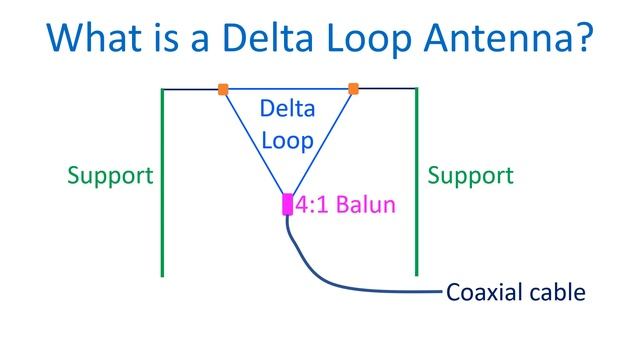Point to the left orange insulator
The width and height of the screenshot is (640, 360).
(x=223, y=89)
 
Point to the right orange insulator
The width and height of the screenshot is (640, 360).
(x=353, y=89)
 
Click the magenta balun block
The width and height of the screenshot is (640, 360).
(x=287, y=205)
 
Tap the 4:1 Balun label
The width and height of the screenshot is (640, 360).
(x=345, y=205)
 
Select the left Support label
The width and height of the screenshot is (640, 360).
(x=110, y=176)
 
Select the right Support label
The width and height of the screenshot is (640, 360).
(x=470, y=176)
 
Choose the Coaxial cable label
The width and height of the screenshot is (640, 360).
(x=515, y=293)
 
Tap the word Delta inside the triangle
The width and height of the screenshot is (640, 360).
(x=288, y=108)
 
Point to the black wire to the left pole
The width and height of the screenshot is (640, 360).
(x=192, y=89)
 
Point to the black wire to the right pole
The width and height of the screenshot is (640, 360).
(x=386, y=89)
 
